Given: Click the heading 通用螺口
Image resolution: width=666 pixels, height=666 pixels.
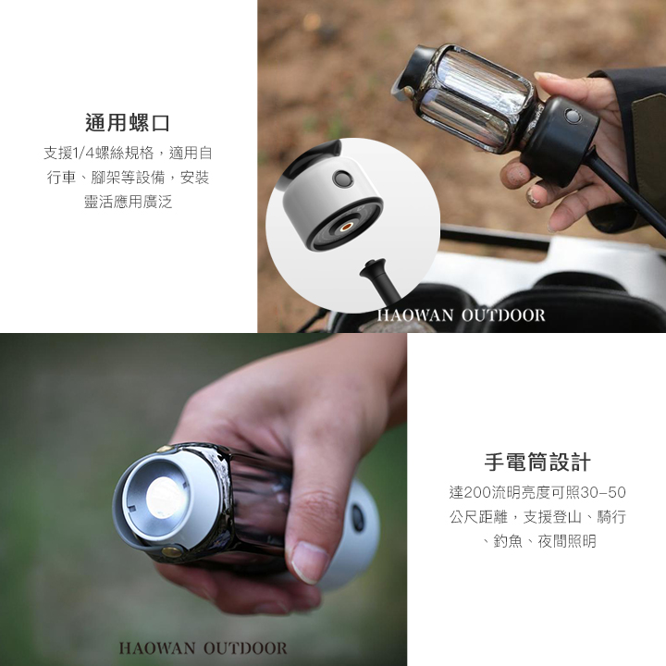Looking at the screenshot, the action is coord(128,123).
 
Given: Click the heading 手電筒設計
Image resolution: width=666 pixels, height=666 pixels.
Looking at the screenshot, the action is coord(537,462).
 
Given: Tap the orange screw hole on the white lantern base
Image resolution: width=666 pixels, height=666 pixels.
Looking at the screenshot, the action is coord(347,227).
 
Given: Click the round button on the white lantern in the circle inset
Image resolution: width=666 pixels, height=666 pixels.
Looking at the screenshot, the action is coord(342,179).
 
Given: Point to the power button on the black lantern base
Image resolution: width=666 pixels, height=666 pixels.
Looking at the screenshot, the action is coord(572,116).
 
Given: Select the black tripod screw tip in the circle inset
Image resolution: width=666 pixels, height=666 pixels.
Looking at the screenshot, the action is coord(373,267).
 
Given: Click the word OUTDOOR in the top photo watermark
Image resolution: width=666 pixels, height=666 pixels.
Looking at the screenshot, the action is coord(503,315).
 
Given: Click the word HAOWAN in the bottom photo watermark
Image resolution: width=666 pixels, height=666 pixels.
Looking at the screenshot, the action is coord(157,648).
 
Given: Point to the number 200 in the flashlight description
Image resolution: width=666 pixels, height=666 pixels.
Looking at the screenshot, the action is coord(477,492).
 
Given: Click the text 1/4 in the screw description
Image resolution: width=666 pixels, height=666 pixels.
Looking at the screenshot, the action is coord(83,153).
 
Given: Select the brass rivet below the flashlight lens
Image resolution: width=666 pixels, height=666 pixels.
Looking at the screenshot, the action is coord(171,552).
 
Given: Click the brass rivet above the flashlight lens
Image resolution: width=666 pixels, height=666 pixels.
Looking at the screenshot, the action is coord(164,448).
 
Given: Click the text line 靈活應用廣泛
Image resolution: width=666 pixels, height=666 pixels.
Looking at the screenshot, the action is coord(128,202).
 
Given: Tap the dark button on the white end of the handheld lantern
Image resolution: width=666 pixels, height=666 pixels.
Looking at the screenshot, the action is coord(358,518).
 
